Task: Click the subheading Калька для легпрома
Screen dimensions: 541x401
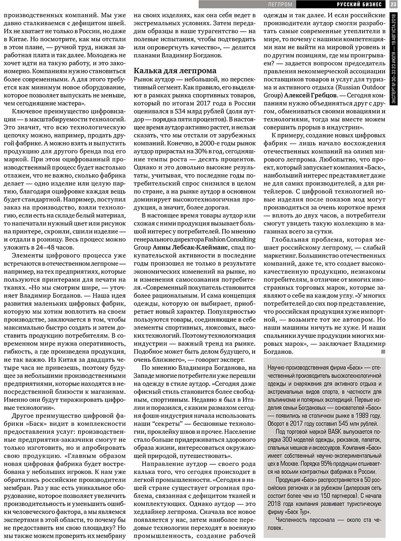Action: (175, 70)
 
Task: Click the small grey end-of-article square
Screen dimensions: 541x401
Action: (383, 352)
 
